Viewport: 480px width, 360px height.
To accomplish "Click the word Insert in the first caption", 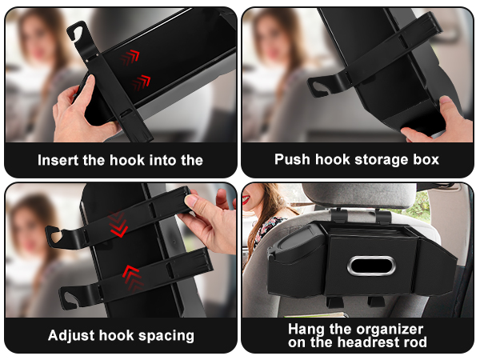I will tap(60, 160).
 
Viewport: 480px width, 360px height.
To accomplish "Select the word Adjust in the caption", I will tap(72, 335).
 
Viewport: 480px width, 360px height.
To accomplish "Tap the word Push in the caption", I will tap(292, 159).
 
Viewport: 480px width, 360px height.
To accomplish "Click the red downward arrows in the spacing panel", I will tap(119, 226).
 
